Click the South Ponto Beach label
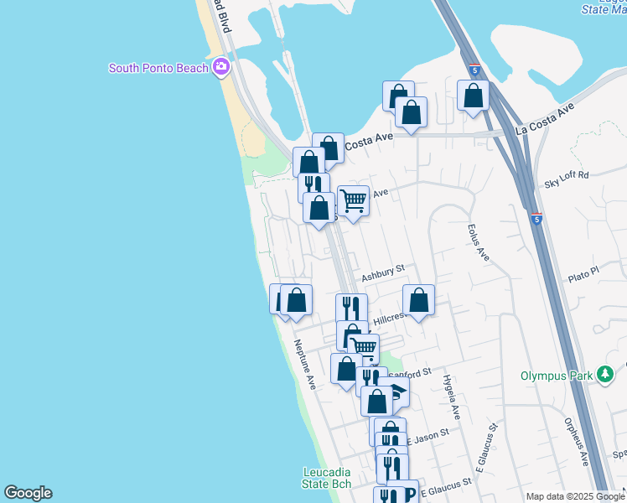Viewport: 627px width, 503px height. click(x=158, y=68)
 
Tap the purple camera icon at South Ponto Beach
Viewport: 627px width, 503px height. click(x=221, y=67)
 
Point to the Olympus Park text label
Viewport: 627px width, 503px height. click(x=557, y=375)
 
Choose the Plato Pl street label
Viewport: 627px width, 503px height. click(x=584, y=272)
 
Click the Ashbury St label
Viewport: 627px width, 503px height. click(x=383, y=272)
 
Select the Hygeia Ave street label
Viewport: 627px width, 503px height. click(x=452, y=397)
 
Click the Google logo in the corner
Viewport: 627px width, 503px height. click(x=28, y=493)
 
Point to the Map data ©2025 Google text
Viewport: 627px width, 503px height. click(x=575, y=496)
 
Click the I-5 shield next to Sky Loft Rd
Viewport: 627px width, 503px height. click(x=536, y=220)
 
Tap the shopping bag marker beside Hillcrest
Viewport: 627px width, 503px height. click(x=419, y=299)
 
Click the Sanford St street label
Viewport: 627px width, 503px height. click(x=412, y=371)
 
